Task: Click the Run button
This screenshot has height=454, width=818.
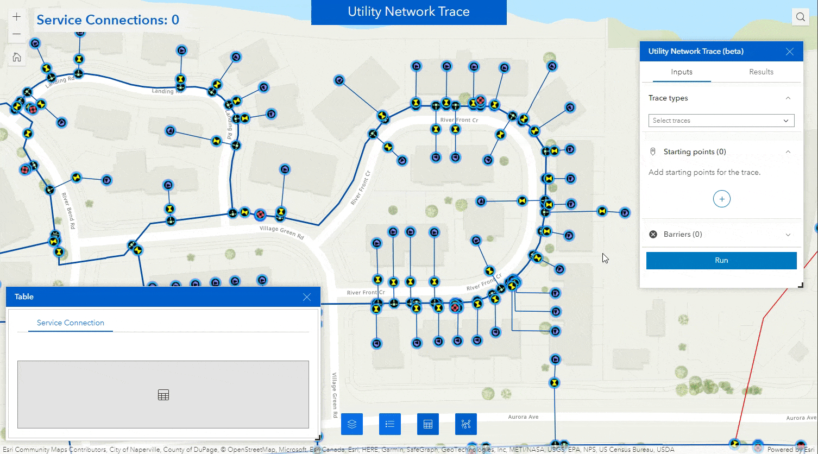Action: point(721,260)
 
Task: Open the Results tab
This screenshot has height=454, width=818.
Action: point(761,72)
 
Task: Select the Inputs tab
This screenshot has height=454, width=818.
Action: point(681,72)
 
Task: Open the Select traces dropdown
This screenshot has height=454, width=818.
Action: point(721,121)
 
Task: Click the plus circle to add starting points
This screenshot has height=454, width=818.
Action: point(721,199)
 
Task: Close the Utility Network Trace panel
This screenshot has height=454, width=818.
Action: point(790,52)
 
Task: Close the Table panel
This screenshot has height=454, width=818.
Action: point(307,297)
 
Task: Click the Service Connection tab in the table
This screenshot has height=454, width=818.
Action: point(71,323)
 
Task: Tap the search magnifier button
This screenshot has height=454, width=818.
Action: point(800,17)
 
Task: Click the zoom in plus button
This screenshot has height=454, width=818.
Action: point(17,17)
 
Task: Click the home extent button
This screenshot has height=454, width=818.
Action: point(17,57)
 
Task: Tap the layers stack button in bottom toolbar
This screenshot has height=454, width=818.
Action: point(352,424)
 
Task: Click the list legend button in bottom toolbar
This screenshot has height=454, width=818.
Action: point(389,424)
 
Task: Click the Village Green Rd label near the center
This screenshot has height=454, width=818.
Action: point(282,232)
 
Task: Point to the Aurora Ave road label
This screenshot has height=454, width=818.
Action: point(523,417)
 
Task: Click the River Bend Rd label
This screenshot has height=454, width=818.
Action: point(68,211)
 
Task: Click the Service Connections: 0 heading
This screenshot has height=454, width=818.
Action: point(108,20)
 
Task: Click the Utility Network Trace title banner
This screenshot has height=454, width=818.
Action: point(408,12)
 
